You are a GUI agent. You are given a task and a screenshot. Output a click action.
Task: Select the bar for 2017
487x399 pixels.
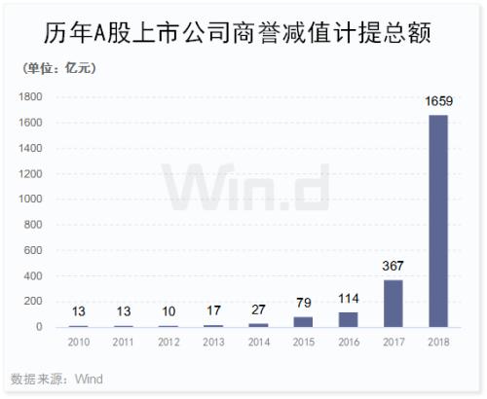tap(393, 304)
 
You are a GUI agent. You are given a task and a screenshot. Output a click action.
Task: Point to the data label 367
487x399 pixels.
tap(393, 266)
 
